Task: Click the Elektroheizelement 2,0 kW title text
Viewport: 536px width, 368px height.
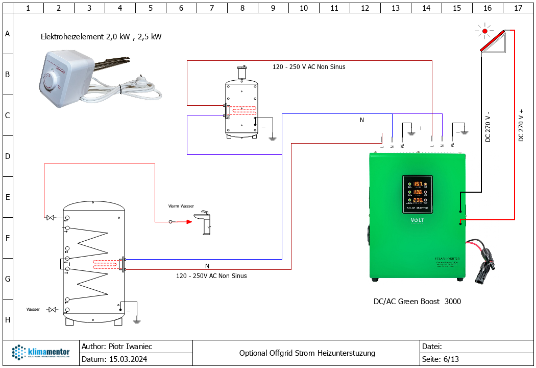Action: coord(101,37)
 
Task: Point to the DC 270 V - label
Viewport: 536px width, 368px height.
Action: coord(488,127)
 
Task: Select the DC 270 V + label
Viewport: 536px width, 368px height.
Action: coord(521,126)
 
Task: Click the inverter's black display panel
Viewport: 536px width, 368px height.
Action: coord(417,194)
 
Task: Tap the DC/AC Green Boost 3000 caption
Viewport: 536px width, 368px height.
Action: coord(417,302)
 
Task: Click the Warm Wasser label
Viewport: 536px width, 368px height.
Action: coord(181,206)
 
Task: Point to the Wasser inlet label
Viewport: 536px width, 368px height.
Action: coord(33,310)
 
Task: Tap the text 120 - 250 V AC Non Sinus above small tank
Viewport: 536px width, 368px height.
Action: coord(309,67)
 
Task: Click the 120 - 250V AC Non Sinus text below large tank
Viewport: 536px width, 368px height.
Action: coord(211,276)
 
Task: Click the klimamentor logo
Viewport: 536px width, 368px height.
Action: coord(41,353)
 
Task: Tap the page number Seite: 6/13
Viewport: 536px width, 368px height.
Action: coord(441,359)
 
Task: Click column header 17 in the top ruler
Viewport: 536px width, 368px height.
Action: coord(518,8)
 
